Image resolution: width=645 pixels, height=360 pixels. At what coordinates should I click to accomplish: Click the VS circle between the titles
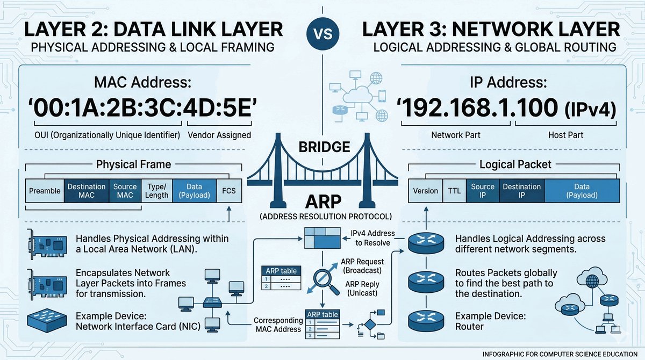[x=322, y=34]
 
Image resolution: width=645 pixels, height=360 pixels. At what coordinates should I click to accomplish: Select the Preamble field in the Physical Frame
[x=45, y=191]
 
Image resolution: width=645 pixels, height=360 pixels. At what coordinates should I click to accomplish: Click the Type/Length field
[x=156, y=191]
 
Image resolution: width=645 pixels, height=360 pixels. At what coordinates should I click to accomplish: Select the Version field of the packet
[x=425, y=191]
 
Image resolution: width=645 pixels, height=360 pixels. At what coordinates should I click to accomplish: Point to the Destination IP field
[x=521, y=191]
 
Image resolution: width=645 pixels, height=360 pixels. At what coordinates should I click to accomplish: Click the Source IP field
[x=482, y=191]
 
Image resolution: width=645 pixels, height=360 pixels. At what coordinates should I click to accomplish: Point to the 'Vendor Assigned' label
[x=220, y=135]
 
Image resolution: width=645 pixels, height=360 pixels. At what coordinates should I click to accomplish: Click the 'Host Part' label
[x=566, y=135]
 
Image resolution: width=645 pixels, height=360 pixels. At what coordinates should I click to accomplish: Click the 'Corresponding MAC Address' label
[x=277, y=325]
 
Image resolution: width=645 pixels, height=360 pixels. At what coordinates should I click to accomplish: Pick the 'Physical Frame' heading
[x=133, y=164]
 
